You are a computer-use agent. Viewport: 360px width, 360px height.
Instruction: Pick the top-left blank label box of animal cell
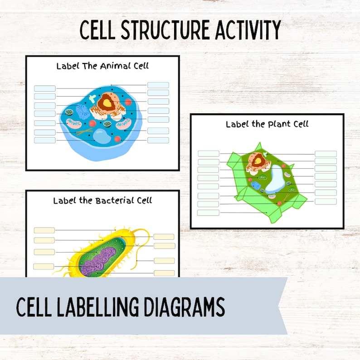click(45, 88)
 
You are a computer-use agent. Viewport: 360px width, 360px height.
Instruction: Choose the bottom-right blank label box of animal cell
click(158, 140)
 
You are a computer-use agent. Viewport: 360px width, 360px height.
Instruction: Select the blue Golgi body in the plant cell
click(256, 185)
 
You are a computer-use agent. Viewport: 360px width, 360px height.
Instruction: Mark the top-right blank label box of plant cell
click(326, 154)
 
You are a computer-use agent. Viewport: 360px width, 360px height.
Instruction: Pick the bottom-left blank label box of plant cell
click(208, 213)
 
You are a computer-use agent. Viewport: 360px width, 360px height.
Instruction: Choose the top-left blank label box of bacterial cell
click(44, 230)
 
